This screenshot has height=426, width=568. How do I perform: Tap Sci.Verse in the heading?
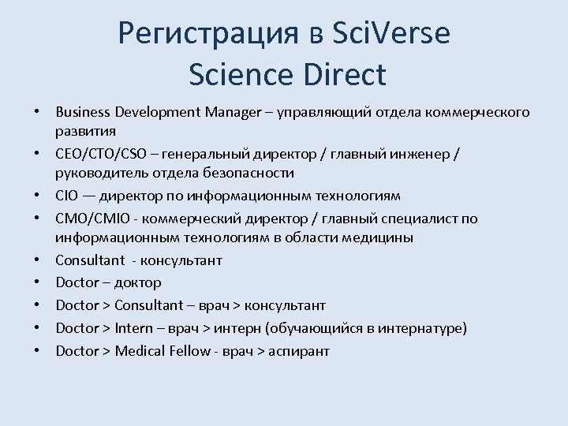coord(392,34)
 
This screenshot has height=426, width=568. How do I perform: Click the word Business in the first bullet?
coord(83,113)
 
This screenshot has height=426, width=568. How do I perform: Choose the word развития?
coord(86,131)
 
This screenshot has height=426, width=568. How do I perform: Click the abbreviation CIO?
coord(66,196)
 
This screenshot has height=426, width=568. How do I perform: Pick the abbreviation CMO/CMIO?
coord(90,219)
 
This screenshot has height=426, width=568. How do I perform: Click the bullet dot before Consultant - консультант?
coord(37,260)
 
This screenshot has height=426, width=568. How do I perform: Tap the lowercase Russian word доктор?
coord(137,282)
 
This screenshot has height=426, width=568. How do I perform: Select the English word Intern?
coord(135,328)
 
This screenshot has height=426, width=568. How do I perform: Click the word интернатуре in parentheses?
coord(424,328)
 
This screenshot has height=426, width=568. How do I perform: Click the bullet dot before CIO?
coord(37,196)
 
